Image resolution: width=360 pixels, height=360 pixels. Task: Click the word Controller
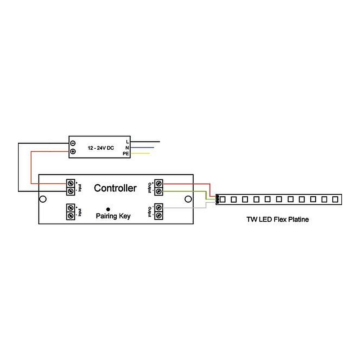pyautogui.click(x=115, y=188)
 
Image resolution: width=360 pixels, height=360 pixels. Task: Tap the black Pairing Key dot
pyautogui.click(x=108, y=209)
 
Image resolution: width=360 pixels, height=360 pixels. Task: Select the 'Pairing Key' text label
pyautogui.click(x=113, y=216)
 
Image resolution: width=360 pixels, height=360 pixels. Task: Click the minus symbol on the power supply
pyautogui.click(x=72, y=143)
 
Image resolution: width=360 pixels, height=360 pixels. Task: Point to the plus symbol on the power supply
pyautogui.click(x=72, y=152)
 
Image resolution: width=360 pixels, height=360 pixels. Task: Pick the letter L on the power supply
pyautogui.click(x=127, y=142)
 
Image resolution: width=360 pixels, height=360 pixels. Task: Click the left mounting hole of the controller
pyautogui.click(x=43, y=199)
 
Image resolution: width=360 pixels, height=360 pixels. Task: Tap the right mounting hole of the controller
pyautogui.click(x=187, y=199)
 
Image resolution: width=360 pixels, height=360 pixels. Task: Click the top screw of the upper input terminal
pyautogui.click(x=71, y=183)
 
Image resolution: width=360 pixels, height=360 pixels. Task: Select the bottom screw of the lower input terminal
pyautogui.click(x=71, y=215)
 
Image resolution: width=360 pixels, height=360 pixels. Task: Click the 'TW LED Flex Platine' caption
pyautogui.click(x=277, y=219)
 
